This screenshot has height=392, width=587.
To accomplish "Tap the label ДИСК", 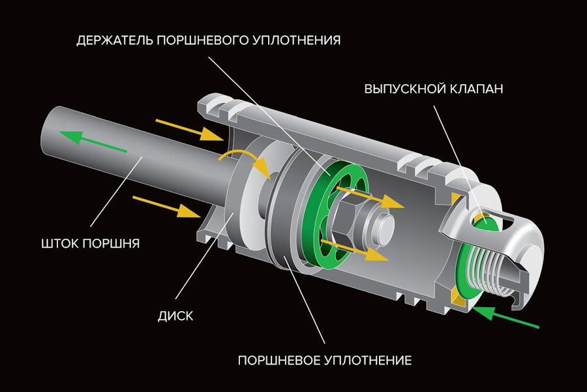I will (x=176, y=317).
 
